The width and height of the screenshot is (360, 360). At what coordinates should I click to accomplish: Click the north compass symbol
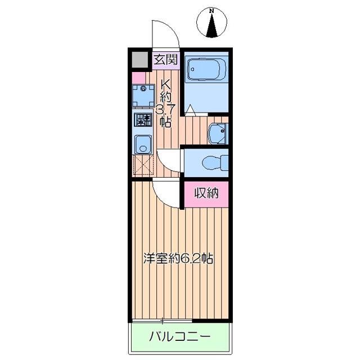(211, 24)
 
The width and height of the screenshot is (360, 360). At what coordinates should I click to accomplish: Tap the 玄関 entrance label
(166, 59)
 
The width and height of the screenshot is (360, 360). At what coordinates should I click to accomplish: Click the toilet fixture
(213, 162)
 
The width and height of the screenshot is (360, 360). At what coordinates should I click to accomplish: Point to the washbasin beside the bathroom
(217, 133)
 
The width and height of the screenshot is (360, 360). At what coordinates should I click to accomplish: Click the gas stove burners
(143, 119)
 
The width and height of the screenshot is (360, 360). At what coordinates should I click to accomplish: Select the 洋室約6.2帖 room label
(178, 259)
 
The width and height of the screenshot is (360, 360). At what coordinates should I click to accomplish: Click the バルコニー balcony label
(180, 337)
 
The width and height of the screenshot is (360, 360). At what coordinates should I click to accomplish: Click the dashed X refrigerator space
(143, 166)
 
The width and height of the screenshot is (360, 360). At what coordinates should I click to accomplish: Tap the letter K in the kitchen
(166, 84)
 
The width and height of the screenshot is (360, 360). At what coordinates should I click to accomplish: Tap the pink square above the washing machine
(138, 77)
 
